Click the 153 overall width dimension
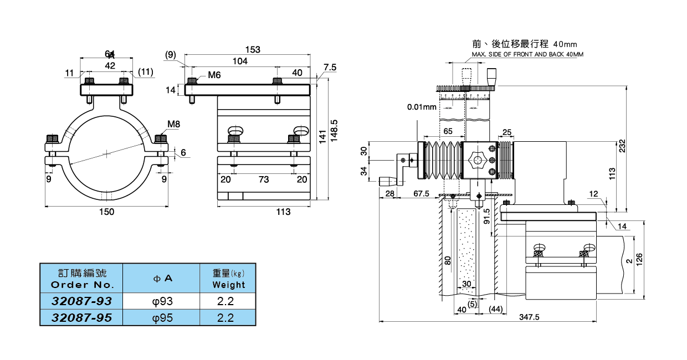point(252,50)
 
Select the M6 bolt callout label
point(214,75)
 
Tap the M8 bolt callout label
point(174,124)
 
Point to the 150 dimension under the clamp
point(106,212)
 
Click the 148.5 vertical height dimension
point(334,130)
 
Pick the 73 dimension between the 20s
point(264,179)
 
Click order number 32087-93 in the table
point(81,301)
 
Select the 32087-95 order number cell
point(81,317)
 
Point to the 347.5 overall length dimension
point(529,317)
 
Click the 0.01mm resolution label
point(422,107)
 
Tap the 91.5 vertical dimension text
point(487,216)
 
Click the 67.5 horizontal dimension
point(422,193)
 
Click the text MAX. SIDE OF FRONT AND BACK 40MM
point(527,54)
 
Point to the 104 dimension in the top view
point(239,61)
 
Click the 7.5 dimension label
point(330,67)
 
